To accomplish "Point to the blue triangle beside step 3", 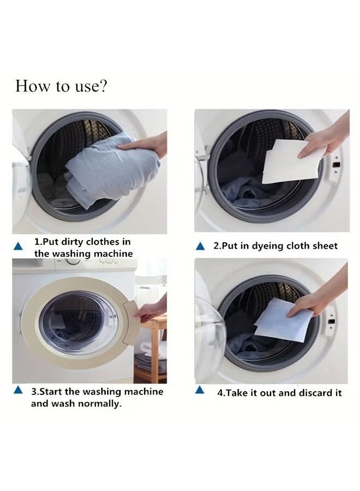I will (19, 390).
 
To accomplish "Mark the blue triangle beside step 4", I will (200, 390).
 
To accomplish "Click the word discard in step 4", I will (296, 393).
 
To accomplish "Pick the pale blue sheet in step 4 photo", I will (281, 326).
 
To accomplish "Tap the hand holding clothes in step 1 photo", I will (145, 145).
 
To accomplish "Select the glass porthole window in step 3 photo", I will (79, 322).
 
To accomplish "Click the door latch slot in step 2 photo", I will (336, 164).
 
